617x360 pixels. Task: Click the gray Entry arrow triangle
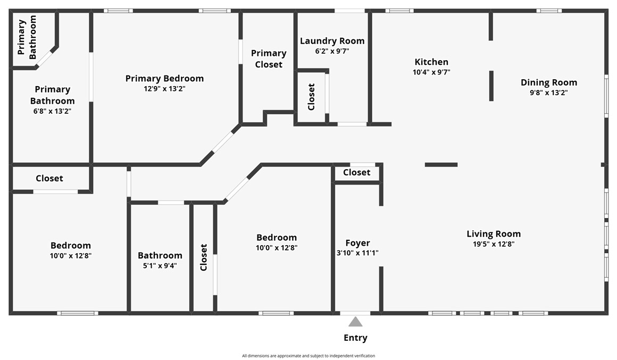pos(355,322)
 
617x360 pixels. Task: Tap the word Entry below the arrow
pos(355,338)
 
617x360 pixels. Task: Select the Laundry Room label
pos(332,41)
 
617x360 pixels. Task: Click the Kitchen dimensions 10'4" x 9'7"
pos(431,72)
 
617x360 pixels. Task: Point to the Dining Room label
pos(549,82)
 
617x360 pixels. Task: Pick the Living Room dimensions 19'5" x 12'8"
pos(494,244)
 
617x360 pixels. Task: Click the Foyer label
pos(357,243)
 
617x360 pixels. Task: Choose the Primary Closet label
pos(269,58)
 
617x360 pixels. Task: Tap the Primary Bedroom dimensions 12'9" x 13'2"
pos(164,88)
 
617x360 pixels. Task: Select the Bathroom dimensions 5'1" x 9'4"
pos(160,265)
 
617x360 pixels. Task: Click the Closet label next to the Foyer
pos(356,172)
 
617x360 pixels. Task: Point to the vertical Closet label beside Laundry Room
pos(311,97)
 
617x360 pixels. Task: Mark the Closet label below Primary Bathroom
pos(49,178)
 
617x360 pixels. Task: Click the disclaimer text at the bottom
pos(308,356)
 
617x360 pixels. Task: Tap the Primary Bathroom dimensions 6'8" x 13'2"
pos(52,111)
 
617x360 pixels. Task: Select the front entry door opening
pos(355,313)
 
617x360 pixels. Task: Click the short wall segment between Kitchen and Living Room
pos(441,165)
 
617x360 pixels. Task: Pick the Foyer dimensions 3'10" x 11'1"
pos(357,253)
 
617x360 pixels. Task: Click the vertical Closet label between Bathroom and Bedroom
pos(203,257)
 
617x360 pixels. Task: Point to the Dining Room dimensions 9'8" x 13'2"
pos(549,93)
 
